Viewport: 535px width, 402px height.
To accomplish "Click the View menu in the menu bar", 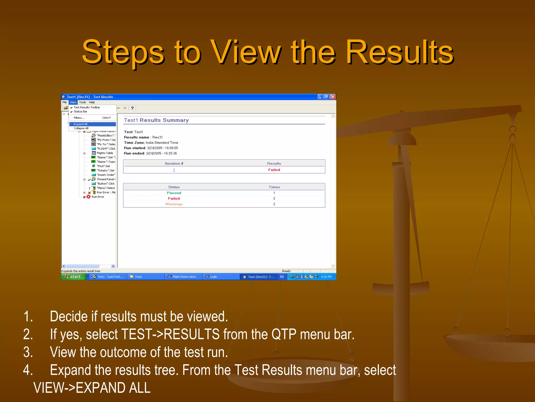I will (x=73, y=102).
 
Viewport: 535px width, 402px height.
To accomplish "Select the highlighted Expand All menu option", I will (x=80, y=124).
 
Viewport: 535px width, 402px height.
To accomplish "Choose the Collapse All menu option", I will (x=81, y=128).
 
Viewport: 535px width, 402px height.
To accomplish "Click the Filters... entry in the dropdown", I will (x=79, y=118).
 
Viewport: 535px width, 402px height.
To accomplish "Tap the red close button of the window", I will (x=333, y=97).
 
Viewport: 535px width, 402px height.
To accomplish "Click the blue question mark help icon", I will (x=132, y=108).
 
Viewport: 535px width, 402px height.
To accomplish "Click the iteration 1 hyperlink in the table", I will (x=174, y=170).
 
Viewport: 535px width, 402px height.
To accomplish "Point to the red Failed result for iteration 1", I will (x=274, y=170).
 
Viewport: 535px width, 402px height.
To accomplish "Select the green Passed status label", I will (x=174, y=193).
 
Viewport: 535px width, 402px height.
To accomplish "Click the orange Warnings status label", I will (x=174, y=204).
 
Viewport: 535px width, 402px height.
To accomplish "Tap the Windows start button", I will (x=74, y=277).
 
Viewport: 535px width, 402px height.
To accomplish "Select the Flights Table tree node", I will (x=105, y=153).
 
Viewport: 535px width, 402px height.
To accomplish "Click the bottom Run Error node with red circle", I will (x=97, y=197).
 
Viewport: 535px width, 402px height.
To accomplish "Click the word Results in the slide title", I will (x=400, y=52).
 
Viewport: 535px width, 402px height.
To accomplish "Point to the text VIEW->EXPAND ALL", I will (x=92, y=388).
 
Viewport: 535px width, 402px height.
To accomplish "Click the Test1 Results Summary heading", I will (x=156, y=120).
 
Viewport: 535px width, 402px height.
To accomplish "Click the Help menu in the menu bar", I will (x=92, y=102).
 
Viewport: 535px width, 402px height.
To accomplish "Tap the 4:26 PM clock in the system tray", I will (x=326, y=277).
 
